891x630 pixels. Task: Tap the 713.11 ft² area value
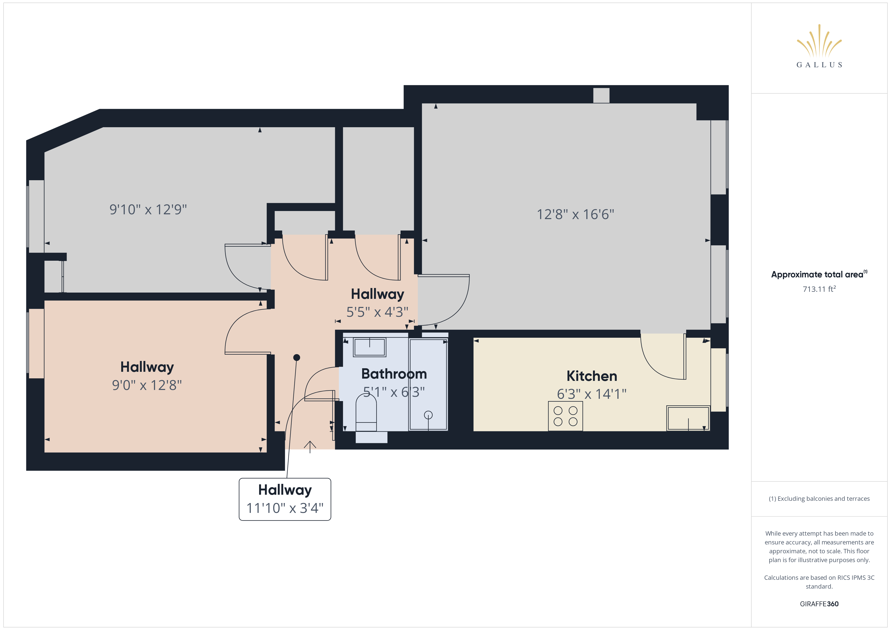tap(819, 289)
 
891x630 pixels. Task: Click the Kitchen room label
tap(592, 376)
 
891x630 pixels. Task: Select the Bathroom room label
tap(394, 374)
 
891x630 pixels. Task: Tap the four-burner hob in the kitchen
tap(565, 416)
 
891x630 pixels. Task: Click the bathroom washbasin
tap(369, 347)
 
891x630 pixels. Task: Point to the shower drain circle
tap(428, 415)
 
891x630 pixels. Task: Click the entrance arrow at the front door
tap(310, 447)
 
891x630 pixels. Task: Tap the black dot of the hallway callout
tap(296, 357)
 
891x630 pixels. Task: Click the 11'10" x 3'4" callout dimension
tap(285, 508)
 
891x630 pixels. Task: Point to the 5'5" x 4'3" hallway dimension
tap(377, 312)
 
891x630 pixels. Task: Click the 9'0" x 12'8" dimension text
tap(147, 385)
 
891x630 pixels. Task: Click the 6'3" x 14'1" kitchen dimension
tap(591, 394)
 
